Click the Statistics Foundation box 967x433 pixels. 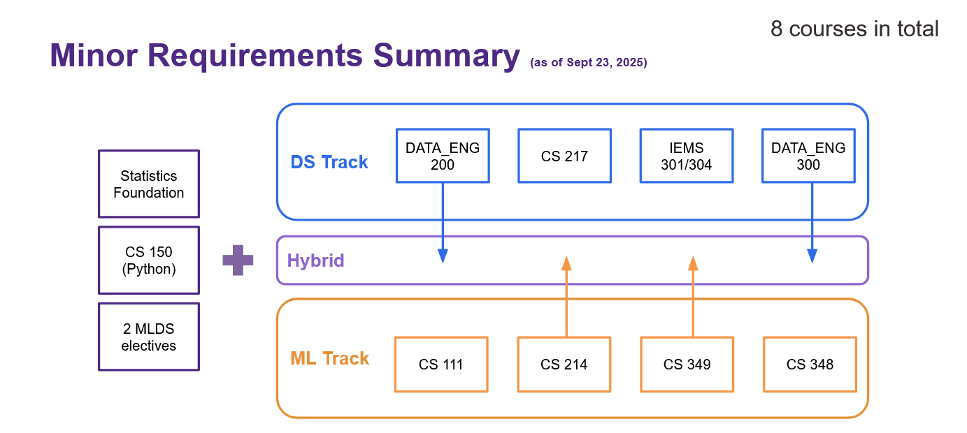click(x=149, y=184)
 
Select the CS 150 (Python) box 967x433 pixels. click(x=149, y=260)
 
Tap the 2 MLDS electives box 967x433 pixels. click(x=149, y=337)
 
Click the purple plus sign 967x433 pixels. click(x=238, y=260)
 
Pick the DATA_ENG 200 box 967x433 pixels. click(x=443, y=156)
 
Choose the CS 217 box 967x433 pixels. click(x=564, y=156)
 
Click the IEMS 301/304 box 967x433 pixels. click(x=687, y=156)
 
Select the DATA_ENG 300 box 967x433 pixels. click(x=808, y=156)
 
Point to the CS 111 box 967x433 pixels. click(x=441, y=365)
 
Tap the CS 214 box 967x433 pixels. click(x=564, y=365)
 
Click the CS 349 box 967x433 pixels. click(x=687, y=365)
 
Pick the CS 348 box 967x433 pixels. click(x=810, y=365)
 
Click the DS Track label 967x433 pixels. click(x=329, y=162)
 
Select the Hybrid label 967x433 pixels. click(x=315, y=261)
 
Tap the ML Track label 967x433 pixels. click(x=329, y=358)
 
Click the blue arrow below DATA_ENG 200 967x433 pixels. click(x=443, y=223)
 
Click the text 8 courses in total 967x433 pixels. click(x=854, y=29)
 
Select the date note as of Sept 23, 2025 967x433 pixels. click(x=588, y=63)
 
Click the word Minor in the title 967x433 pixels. click(x=94, y=55)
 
